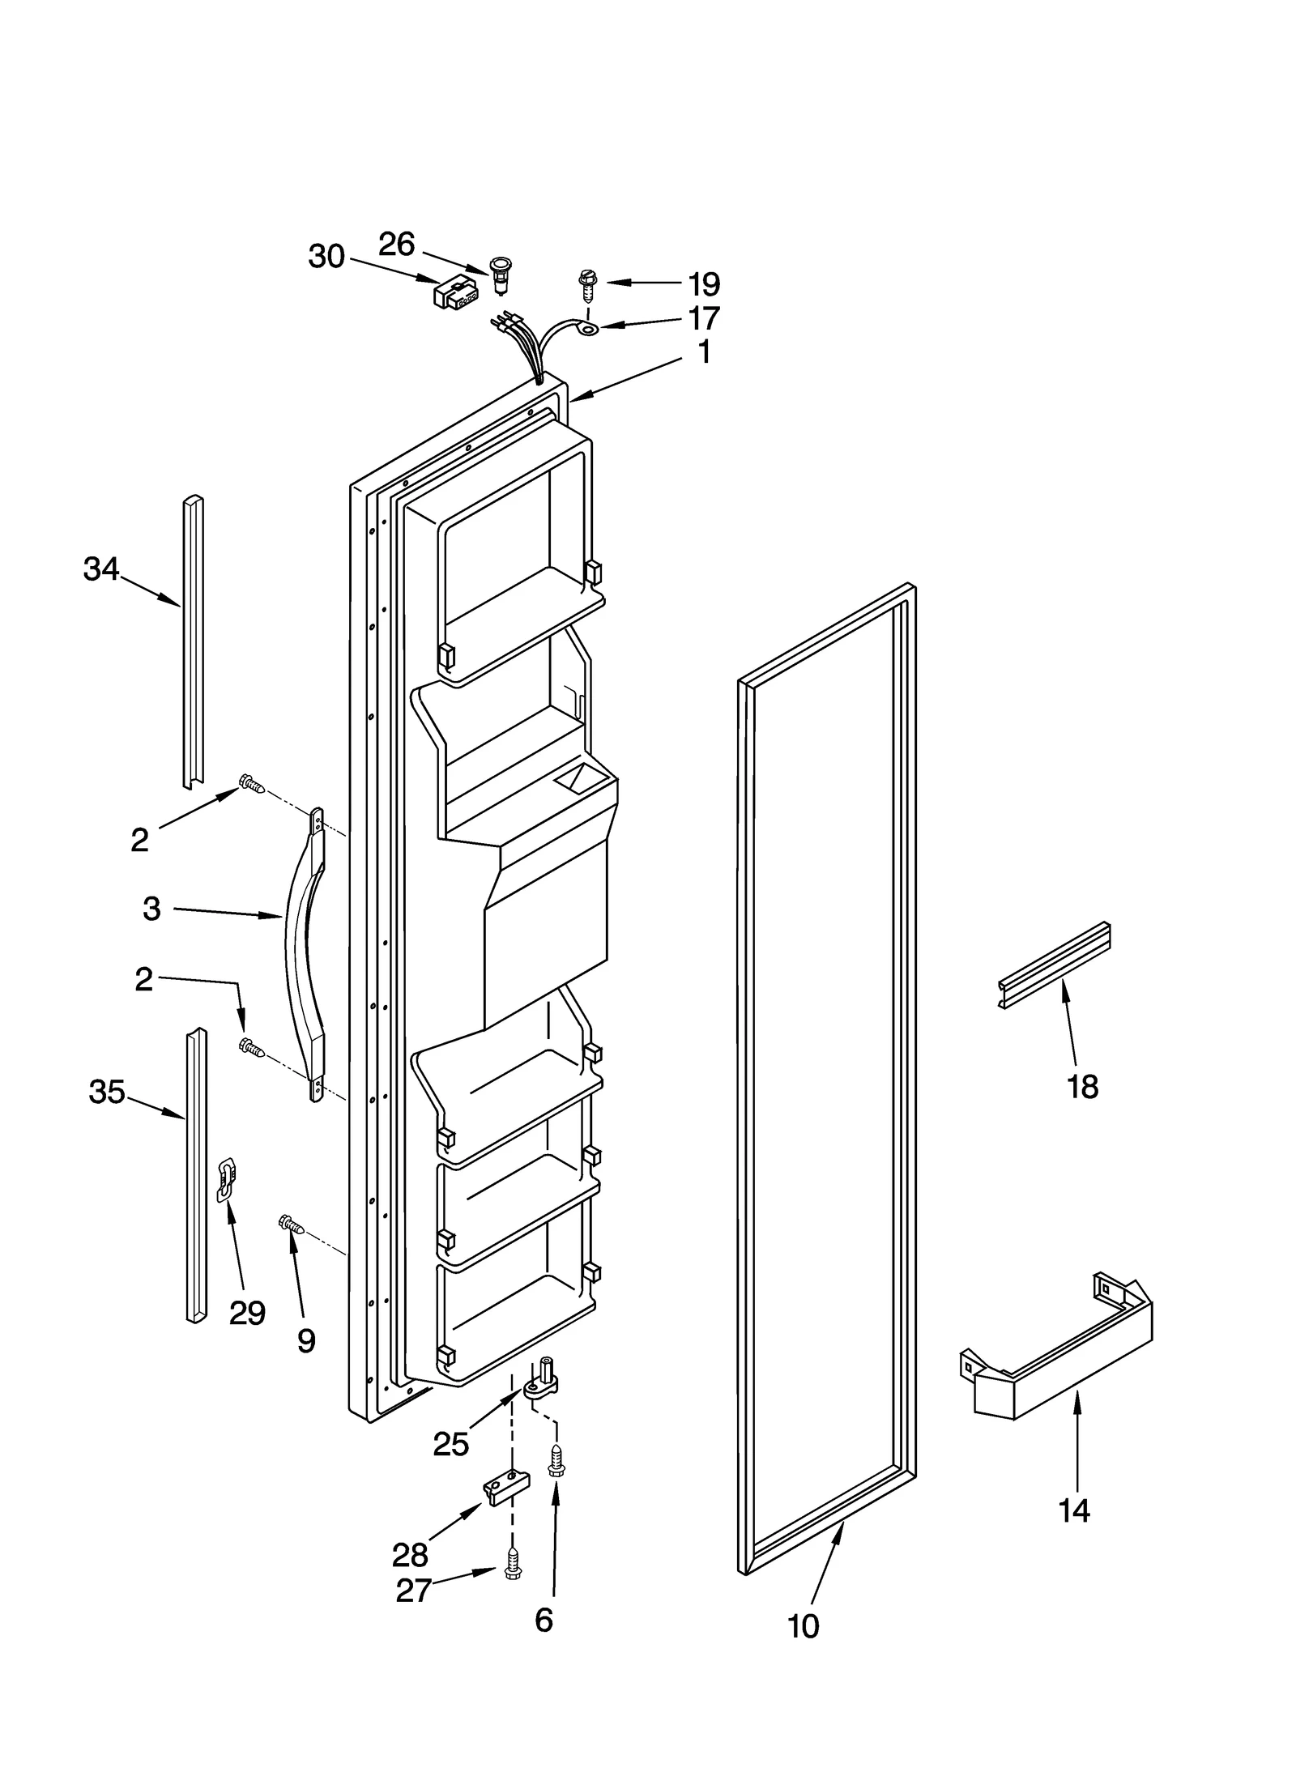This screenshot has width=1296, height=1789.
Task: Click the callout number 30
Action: point(326,257)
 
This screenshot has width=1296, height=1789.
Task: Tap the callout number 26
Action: point(397,244)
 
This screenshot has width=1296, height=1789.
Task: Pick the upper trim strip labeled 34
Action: point(192,640)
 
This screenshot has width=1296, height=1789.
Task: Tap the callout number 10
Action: point(803,1647)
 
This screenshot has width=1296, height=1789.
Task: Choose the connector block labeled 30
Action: point(455,295)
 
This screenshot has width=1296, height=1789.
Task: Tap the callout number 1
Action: point(705,352)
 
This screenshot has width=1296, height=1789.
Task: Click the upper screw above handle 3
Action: point(251,783)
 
